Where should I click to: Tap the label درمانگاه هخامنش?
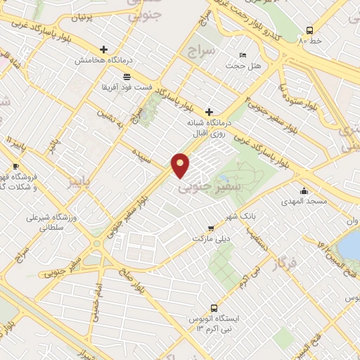[105, 60]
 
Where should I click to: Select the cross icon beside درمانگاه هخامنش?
[105, 49]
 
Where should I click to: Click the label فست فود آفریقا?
[126, 86]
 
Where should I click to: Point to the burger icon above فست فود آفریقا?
[126, 76]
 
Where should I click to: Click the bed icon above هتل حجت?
[243, 55]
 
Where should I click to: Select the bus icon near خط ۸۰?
[310, 30]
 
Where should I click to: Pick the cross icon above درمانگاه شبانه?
[208, 111]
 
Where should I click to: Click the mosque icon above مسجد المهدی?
[304, 191]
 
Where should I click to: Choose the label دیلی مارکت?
[211, 238]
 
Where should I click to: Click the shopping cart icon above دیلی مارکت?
[211, 228]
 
